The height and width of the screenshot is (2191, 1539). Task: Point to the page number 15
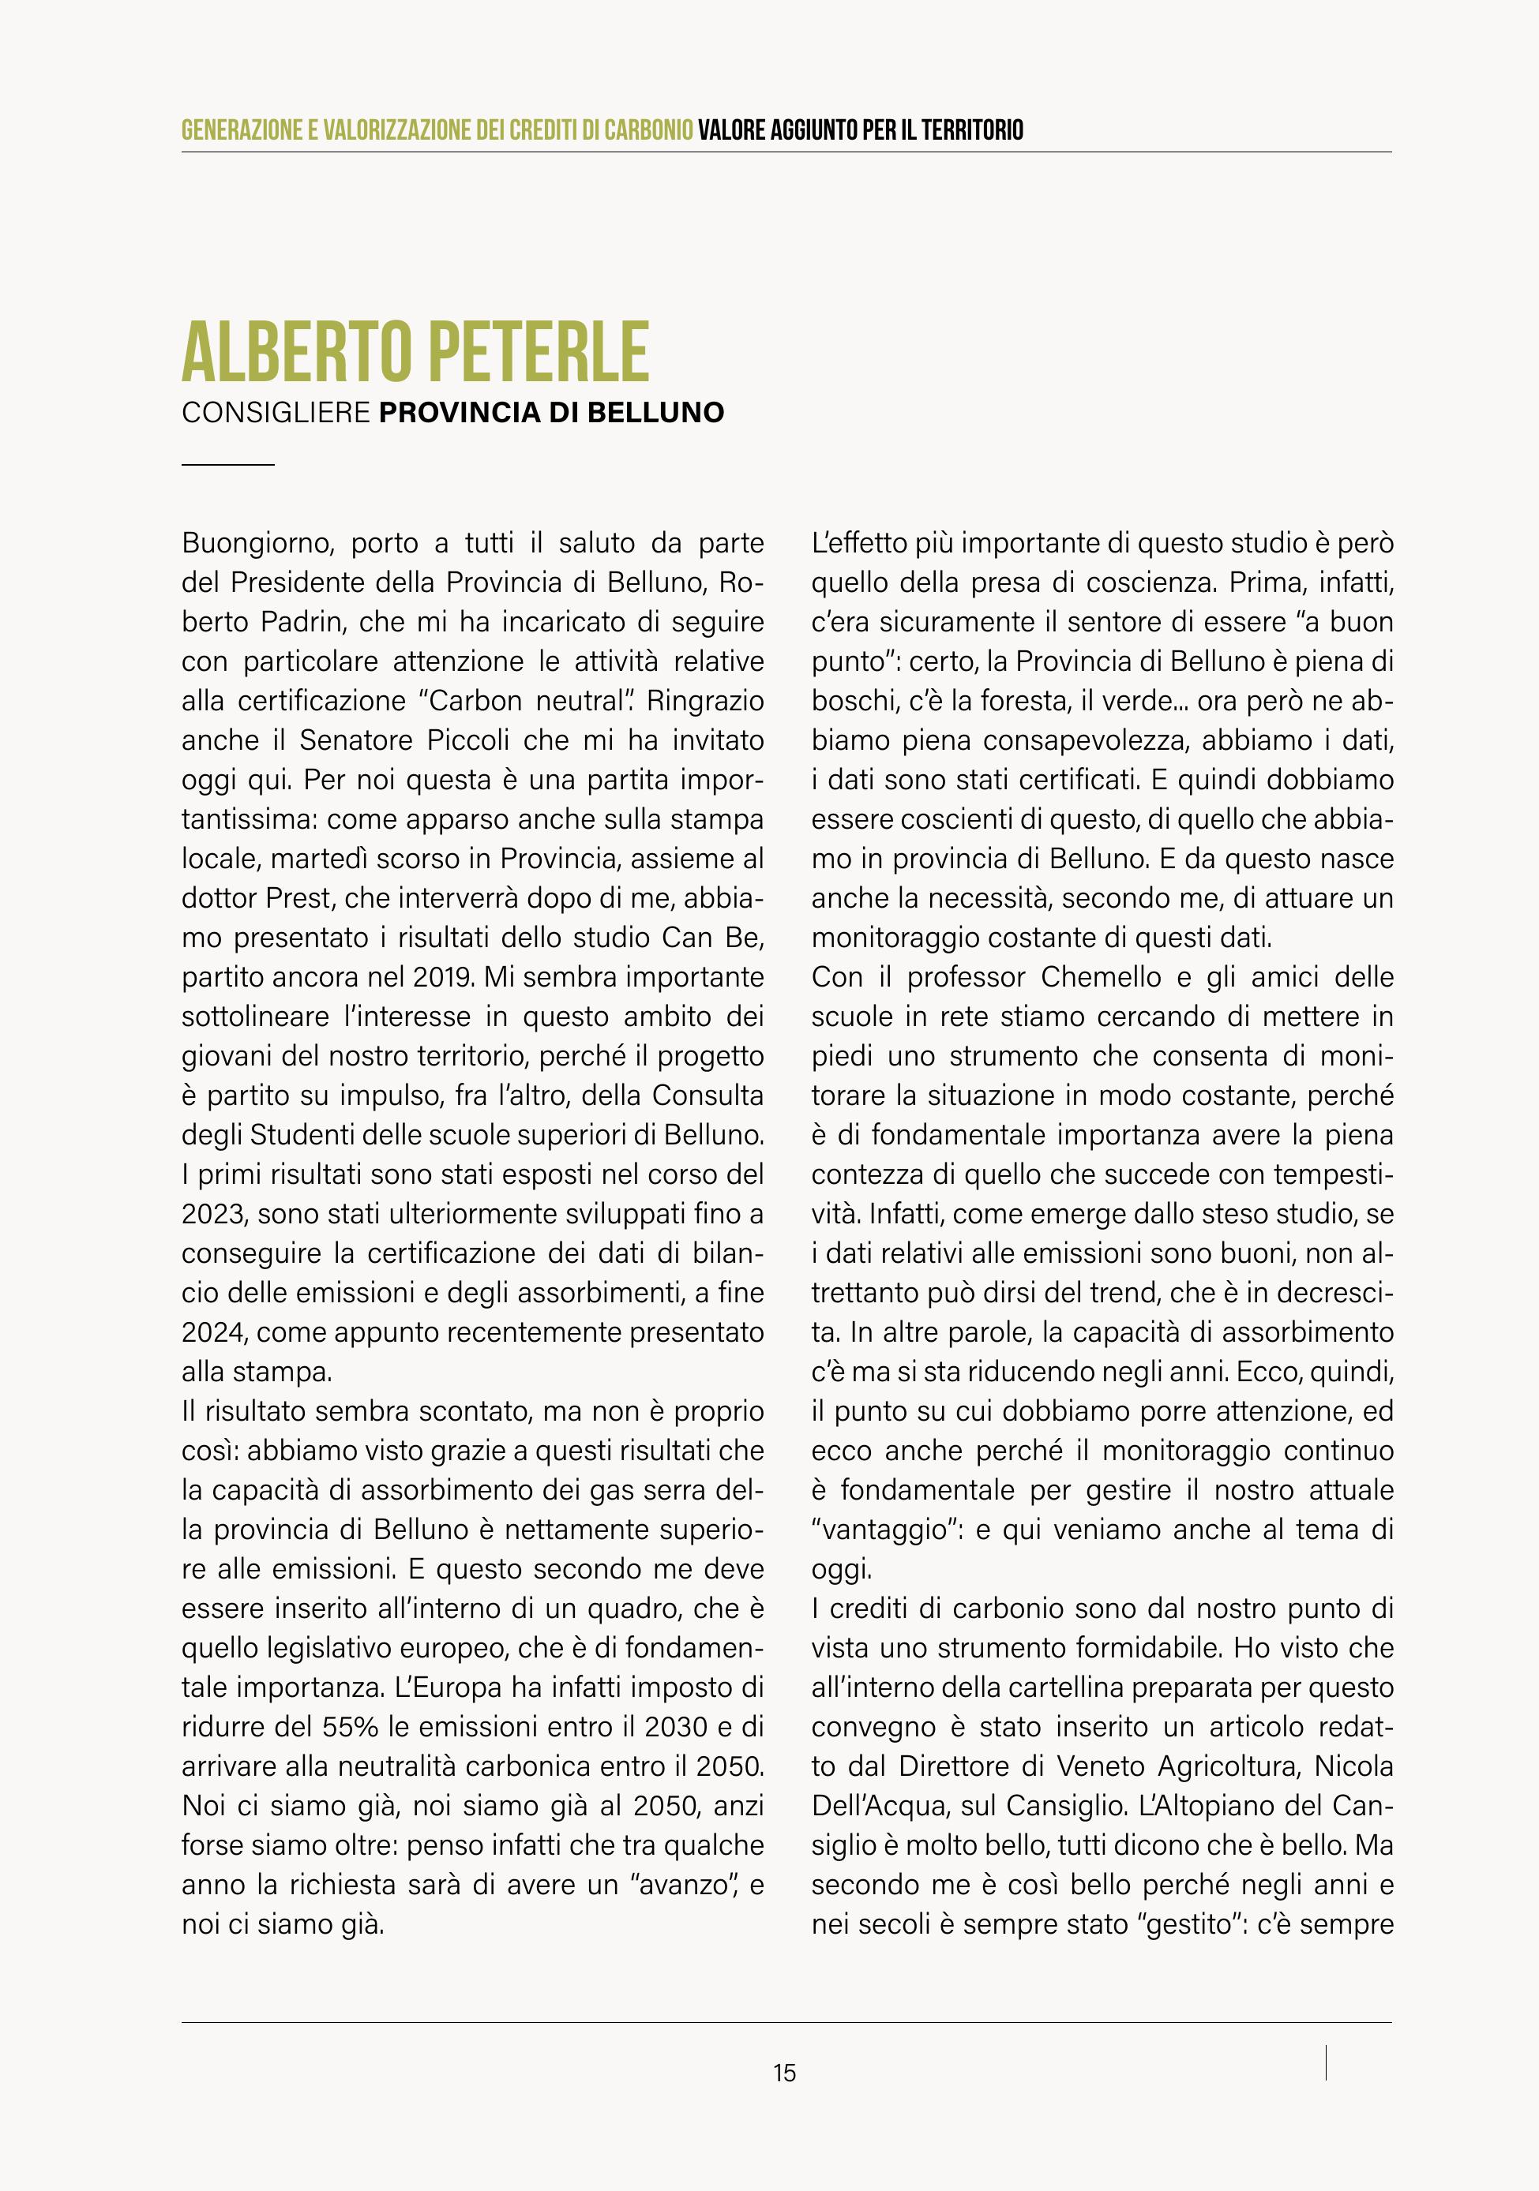click(x=785, y=2073)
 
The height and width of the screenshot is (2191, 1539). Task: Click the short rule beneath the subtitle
click(x=227, y=465)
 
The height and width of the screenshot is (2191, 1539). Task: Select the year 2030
click(x=676, y=1726)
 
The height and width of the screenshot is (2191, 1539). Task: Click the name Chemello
click(x=1101, y=977)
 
